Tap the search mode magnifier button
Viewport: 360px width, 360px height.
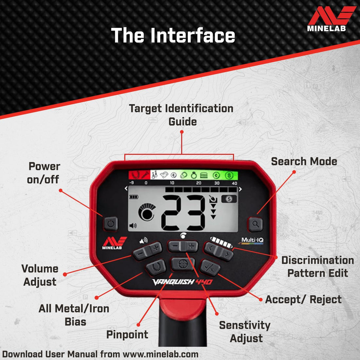(256, 224)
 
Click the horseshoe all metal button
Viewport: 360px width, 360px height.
(156, 267)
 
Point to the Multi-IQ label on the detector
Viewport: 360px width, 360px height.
(252, 241)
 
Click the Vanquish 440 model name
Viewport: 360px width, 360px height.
(182, 281)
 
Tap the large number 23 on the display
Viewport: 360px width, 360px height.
(183, 213)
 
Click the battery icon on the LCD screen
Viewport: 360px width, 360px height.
(134, 197)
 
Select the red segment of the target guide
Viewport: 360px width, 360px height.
(139, 175)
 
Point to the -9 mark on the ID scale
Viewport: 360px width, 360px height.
(132, 183)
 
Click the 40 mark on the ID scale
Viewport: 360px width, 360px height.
(234, 183)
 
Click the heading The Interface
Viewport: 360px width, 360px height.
(173, 35)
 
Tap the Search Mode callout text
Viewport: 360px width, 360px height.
(304, 161)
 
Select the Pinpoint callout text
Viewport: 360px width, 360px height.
(127, 334)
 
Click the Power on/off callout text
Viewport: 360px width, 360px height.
(44, 173)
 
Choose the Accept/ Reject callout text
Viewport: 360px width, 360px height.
(303, 299)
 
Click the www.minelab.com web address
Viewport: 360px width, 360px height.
(160, 354)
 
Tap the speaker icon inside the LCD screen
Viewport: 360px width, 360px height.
(133, 226)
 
